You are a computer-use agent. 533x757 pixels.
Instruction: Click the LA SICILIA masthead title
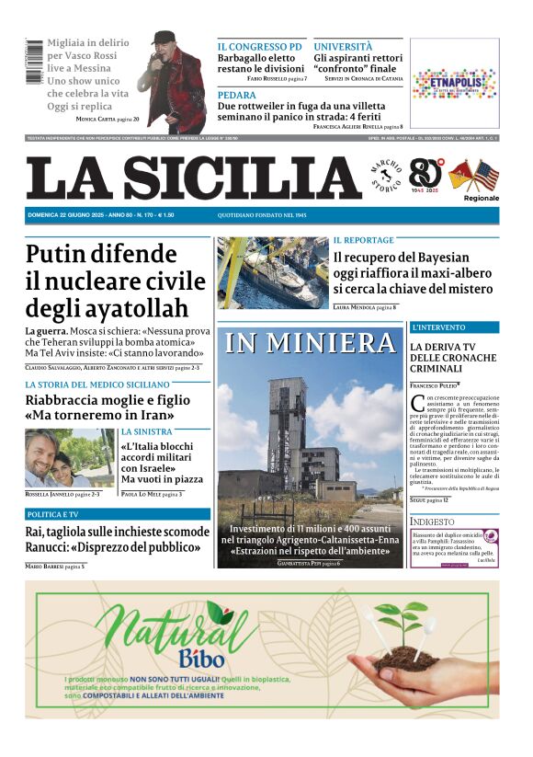(194, 178)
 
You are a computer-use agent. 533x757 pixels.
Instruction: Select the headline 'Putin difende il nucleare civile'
(116, 280)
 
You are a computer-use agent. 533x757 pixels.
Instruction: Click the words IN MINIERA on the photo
(311, 343)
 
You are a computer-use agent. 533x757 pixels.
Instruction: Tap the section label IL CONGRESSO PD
(259, 46)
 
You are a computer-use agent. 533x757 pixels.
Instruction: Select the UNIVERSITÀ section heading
(343, 46)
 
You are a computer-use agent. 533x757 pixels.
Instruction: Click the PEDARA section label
(237, 95)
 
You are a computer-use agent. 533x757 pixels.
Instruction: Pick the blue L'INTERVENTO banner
(454, 327)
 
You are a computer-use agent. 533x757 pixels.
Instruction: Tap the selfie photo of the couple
(69, 457)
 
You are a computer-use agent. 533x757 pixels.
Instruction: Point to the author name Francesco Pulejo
(434, 384)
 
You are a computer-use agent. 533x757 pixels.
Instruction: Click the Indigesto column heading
(432, 522)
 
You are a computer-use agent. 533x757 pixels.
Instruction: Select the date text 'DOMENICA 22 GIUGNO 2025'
(64, 214)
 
